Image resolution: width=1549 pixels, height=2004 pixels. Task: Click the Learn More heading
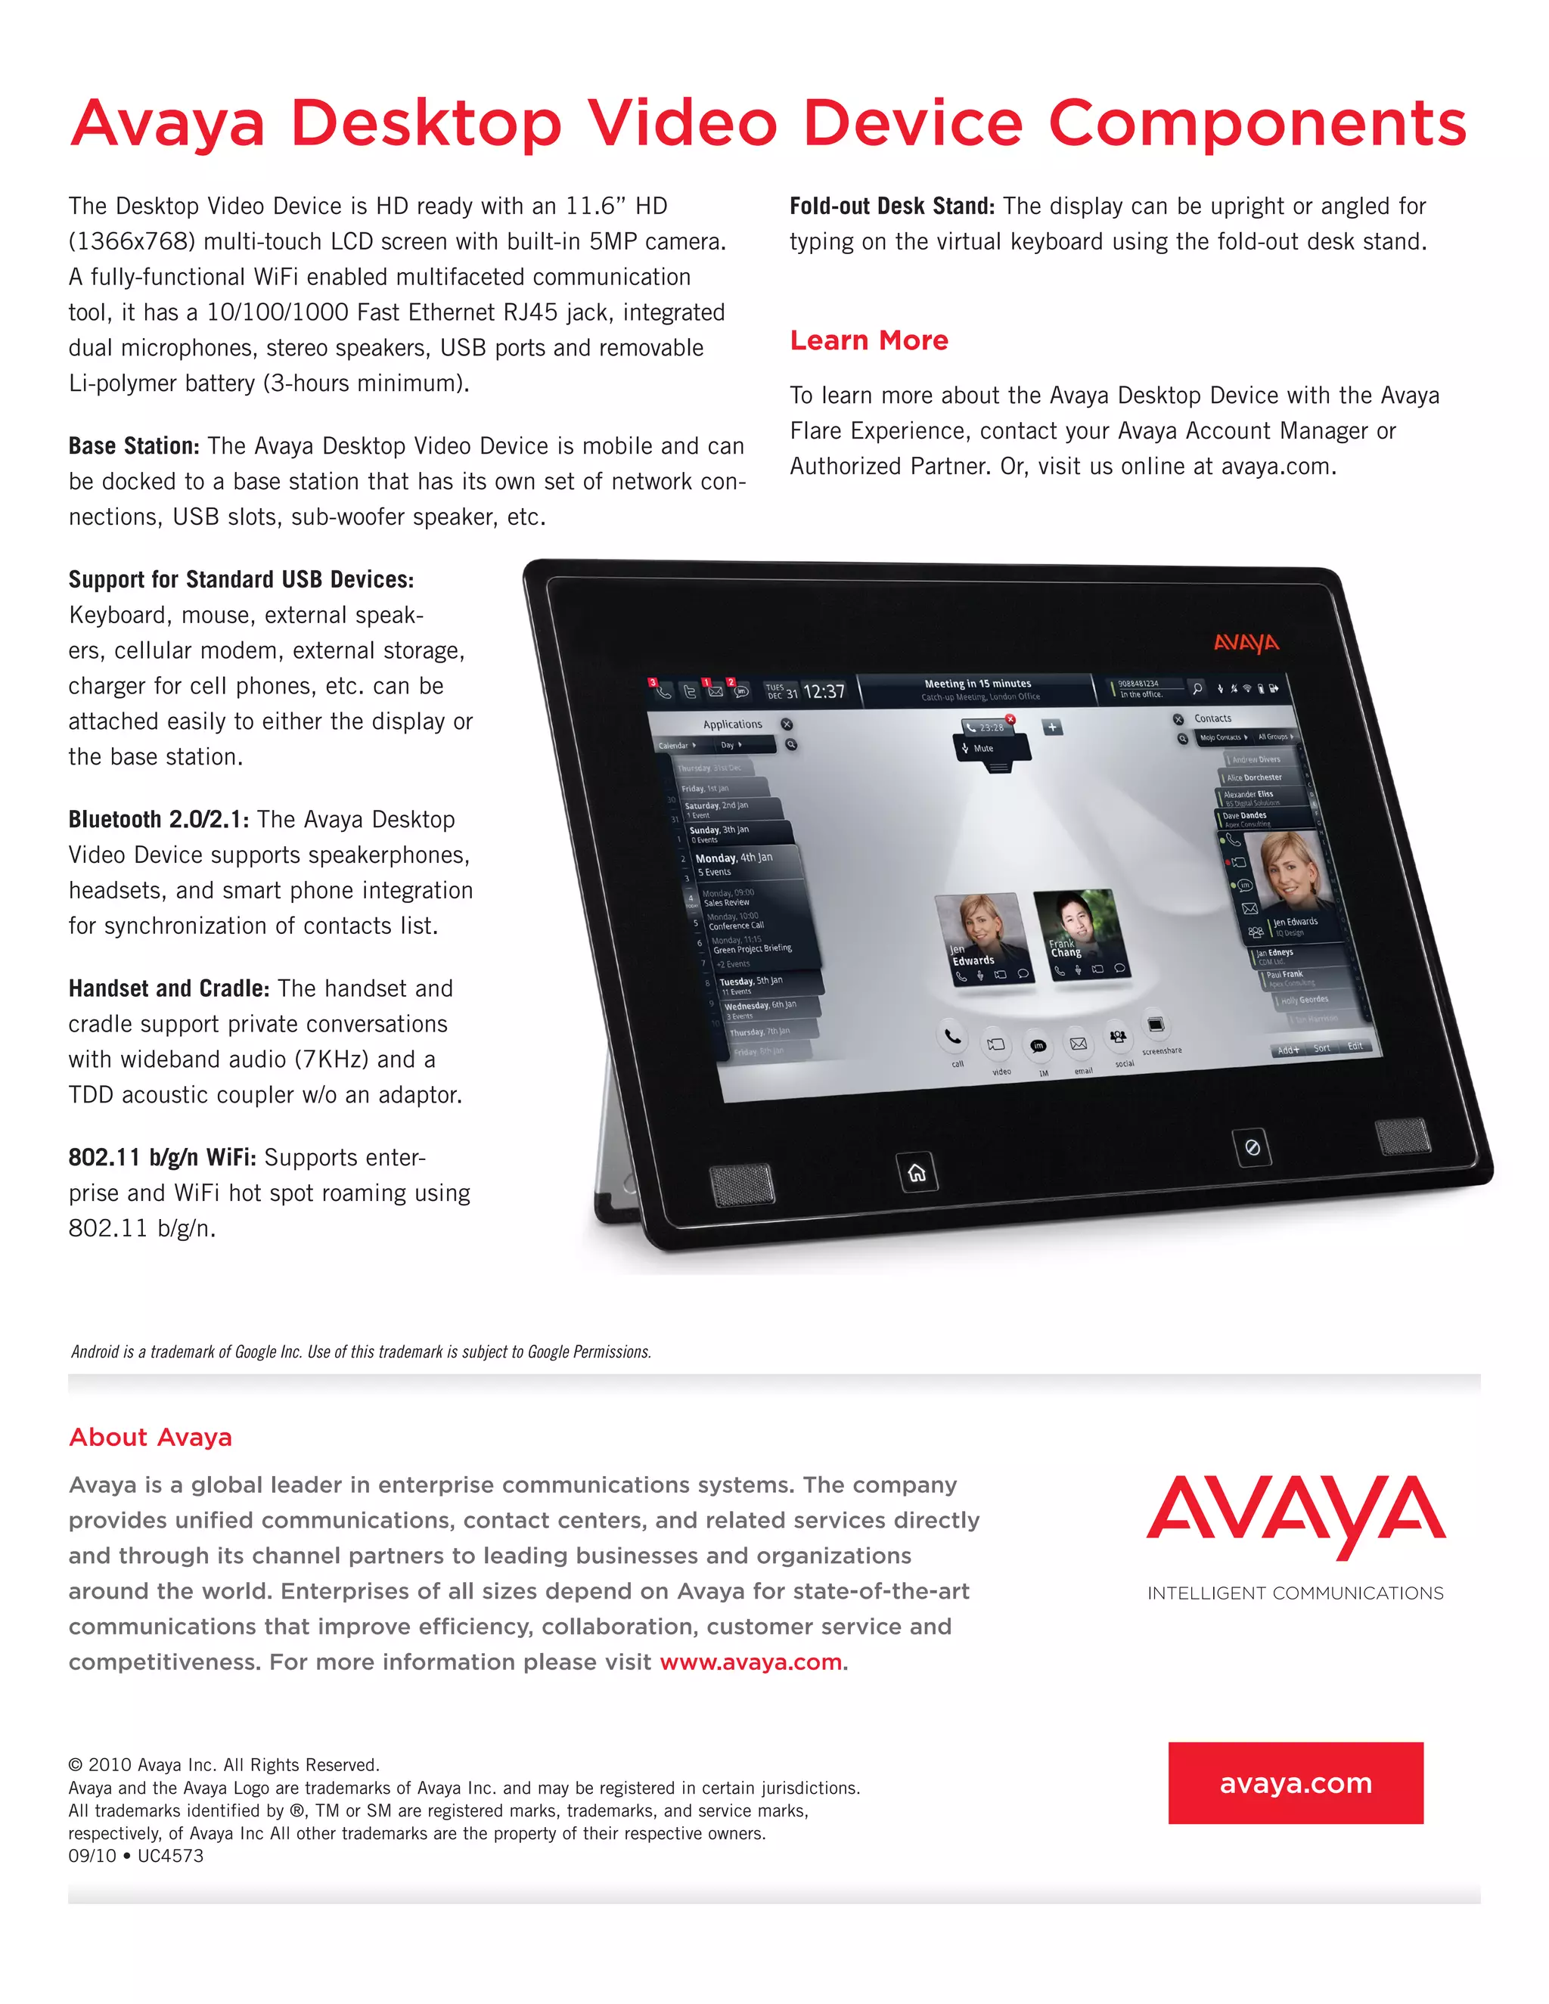click(x=868, y=340)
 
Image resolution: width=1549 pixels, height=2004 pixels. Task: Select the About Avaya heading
click(x=151, y=1437)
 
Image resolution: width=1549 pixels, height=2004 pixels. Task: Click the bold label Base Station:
click(x=134, y=446)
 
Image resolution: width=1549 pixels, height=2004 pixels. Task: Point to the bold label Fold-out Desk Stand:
click(x=892, y=206)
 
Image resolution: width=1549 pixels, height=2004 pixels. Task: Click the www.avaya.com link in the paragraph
click(x=750, y=1661)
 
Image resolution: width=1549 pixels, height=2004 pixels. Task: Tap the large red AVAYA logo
click(x=1295, y=1514)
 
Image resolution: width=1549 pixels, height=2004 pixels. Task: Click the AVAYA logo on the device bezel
click(x=1245, y=642)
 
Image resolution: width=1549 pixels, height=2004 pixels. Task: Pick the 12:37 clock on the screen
click(x=823, y=692)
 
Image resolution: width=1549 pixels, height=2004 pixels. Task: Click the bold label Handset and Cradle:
click(x=169, y=988)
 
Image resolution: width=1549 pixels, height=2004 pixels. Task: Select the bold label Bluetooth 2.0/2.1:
click(x=159, y=820)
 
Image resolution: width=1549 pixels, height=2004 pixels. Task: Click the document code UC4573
click(x=171, y=1855)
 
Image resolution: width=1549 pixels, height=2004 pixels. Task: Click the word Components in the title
click(x=1257, y=124)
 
